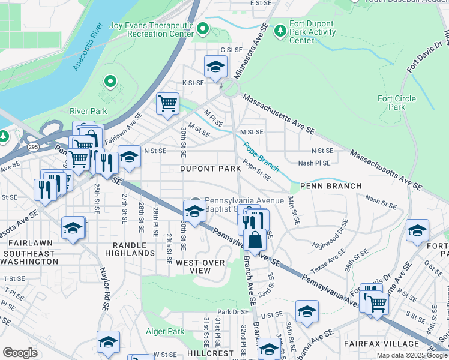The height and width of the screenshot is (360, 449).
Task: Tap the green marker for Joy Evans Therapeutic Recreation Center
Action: [x=203, y=28]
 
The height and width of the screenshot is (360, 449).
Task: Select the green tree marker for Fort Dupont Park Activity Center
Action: [x=279, y=29]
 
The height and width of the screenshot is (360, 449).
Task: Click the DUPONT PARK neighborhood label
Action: [x=210, y=169]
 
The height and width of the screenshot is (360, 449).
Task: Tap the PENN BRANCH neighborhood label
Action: [x=331, y=186]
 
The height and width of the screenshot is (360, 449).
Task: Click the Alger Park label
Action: [x=165, y=331]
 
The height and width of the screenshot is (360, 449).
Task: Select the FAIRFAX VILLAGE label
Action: [x=381, y=344]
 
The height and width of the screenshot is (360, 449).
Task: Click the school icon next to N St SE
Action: [x=128, y=157]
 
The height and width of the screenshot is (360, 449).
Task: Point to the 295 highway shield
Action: [x=32, y=146]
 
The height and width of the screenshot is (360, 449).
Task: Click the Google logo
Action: [x=20, y=353]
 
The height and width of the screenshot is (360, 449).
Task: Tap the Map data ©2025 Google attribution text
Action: [x=411, y=355]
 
